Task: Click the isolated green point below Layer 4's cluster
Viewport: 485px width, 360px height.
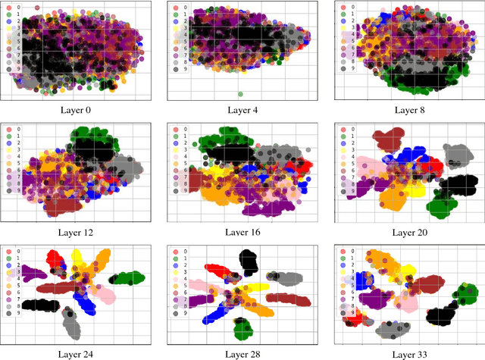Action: (x=241, y=94)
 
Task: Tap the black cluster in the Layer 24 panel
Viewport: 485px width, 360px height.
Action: (x=40, y=305)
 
